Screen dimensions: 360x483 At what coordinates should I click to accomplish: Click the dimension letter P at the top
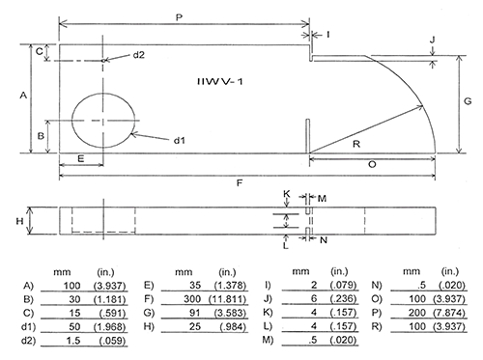point(181,16)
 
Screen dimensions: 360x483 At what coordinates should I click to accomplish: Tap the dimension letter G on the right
point(467,101)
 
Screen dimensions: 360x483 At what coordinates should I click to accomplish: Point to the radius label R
point(356,144)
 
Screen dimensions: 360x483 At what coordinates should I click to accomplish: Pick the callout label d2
point(139,55)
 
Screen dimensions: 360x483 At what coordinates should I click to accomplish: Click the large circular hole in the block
point(103,120)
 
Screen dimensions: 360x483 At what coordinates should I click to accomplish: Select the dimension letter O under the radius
point(373,165)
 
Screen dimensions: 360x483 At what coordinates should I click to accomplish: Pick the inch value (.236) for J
point(338,299)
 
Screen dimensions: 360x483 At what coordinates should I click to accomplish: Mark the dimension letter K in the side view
point(287,194)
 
